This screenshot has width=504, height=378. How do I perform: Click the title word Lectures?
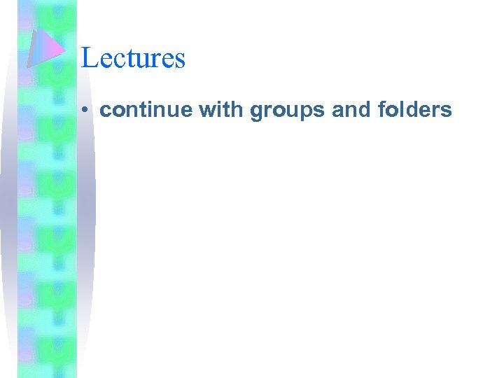(x=133, y=57)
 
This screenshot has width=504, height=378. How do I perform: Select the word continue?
(x=137, y=110)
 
